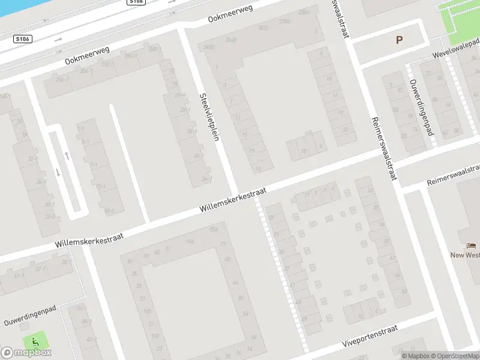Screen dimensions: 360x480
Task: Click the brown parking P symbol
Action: [399, 40]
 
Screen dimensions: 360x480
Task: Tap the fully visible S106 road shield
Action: [23, 39]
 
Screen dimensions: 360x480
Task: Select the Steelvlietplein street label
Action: [209, 116]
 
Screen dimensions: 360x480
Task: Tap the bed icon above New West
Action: [470, 246]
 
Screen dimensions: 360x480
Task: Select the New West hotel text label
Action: [466, 255]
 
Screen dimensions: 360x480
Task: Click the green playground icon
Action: [35, 341]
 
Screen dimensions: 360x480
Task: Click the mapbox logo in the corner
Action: [26, 352]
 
